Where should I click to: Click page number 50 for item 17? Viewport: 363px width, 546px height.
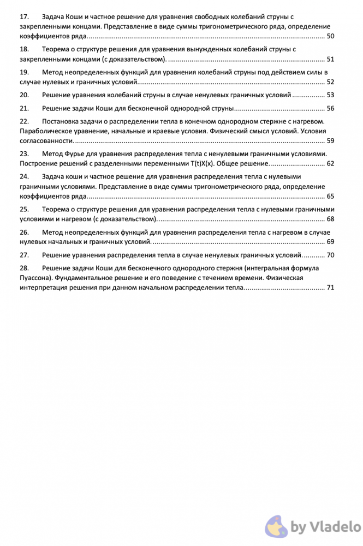click(330, 36)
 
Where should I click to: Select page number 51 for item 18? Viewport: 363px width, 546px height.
click(330, 59)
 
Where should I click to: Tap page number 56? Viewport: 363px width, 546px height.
click(330, 108)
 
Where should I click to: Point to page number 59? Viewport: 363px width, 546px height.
click(330, 141)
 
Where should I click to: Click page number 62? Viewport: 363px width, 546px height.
click(330, 164)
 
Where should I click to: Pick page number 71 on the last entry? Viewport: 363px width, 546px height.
click(330, 288)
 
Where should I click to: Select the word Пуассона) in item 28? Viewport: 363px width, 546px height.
click(36, 278)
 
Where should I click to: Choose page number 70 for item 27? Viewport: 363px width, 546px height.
click(330, 255)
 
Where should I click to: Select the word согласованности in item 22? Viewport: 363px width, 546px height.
click(45, 141)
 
